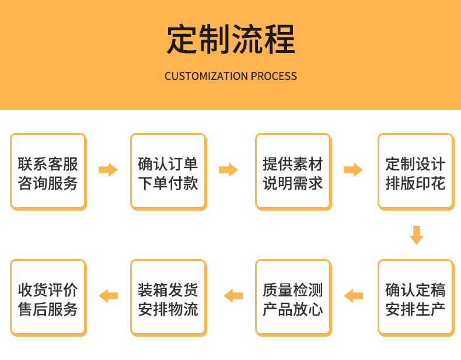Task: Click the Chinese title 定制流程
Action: (231, 39)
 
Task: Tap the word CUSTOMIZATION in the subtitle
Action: (206, 76)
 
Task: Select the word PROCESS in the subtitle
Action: (274, 76)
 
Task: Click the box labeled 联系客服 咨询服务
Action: (48, 172)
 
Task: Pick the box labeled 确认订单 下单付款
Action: (169, 172)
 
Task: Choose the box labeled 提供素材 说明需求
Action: (294, 172)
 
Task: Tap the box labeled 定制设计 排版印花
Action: (416, 172)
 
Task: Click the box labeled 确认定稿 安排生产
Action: (416, 298)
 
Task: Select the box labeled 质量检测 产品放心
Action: (294, 298)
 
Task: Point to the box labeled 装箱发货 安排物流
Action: (169, 298)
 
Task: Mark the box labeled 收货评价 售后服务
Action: (48, 298)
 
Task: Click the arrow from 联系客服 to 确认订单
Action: (108, 170)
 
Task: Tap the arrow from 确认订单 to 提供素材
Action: (228, 170)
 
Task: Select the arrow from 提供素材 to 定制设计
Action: (353, 170)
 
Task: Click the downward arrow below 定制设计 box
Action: (417, 235)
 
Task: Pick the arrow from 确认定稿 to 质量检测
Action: (353, 296)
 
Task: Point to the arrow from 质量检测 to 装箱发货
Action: (233, 296)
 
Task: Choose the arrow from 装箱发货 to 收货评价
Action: (108, 296)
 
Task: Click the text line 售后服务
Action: (48, 309)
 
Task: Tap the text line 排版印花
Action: (415, 183)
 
